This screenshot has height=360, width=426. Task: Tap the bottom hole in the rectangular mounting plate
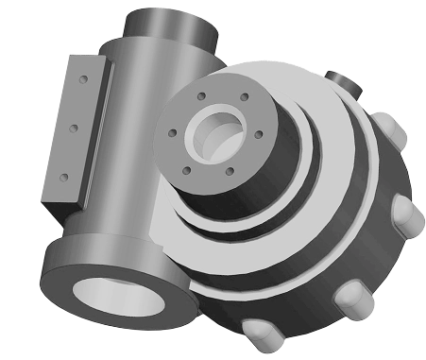coord(62,175)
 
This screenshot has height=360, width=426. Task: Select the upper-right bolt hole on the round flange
coord(244,96)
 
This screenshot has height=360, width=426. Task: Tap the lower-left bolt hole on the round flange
coord(186,171)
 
